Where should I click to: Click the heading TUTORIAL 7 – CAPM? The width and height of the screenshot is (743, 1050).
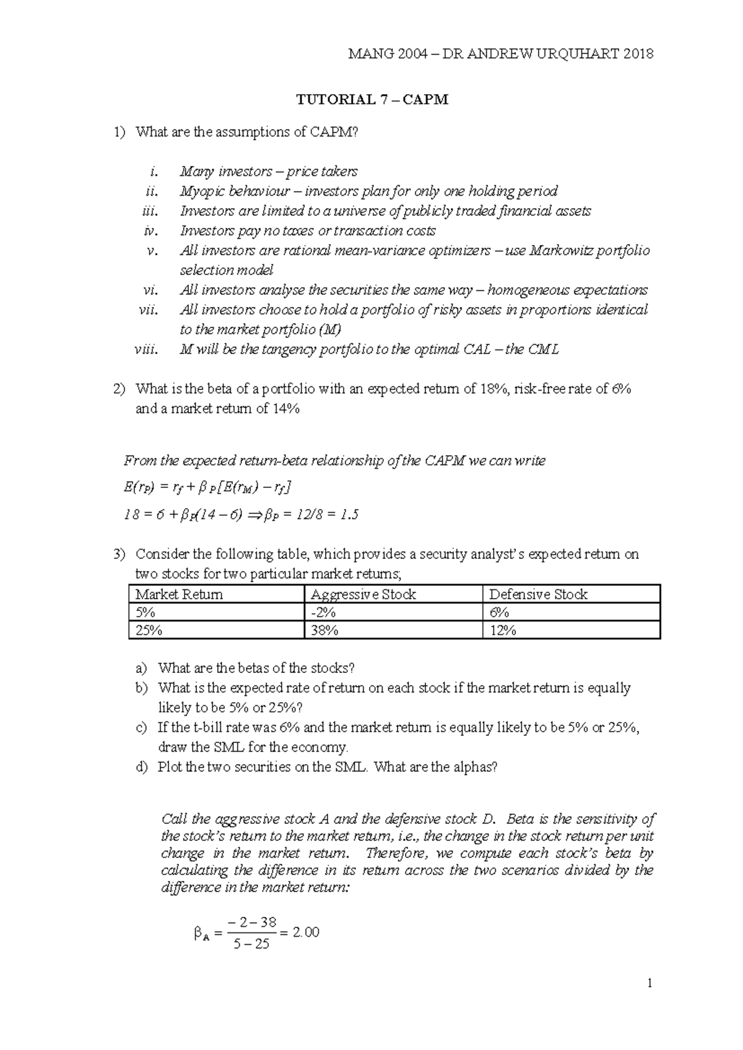point(372,100)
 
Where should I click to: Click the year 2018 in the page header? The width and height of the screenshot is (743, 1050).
point(638,54)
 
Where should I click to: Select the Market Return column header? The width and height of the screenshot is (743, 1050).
point(179,594)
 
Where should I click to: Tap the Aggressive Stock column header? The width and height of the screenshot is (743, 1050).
point(363,594)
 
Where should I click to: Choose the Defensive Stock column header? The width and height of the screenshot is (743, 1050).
point(537,594)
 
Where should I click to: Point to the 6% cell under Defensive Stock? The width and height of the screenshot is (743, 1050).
point(499,612)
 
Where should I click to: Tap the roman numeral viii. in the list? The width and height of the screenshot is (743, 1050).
point(147,350)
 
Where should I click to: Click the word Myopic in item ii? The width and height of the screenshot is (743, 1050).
point(200,191)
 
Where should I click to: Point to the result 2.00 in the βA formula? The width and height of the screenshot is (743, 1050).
point(306,932)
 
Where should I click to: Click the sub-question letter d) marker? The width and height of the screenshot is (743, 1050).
point(142,768)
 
